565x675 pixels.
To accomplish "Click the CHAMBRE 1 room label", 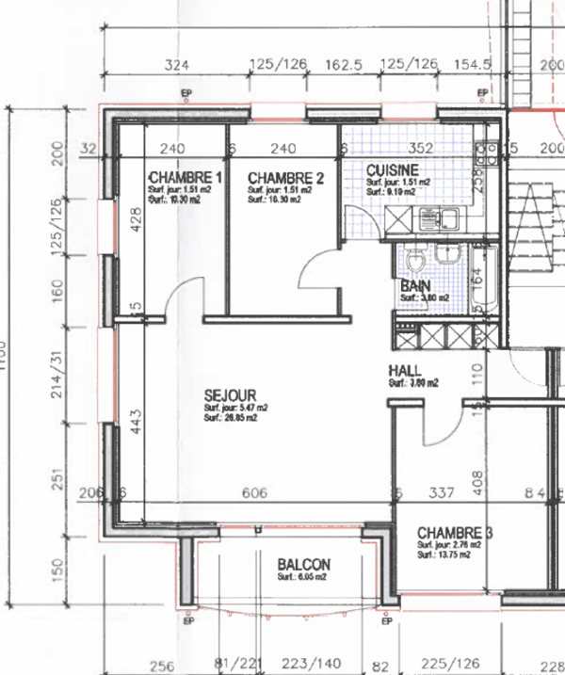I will tap(186, 178).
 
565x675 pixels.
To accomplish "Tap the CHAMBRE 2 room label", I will tap(286, 178).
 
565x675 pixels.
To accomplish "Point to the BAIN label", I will tap(414, 285).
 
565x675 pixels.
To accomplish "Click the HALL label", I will tap(404, 371).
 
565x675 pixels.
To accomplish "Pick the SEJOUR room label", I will tap(230, 395).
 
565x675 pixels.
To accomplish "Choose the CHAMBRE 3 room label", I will tap(455, 532).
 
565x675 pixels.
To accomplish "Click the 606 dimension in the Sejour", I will tap(254, 493).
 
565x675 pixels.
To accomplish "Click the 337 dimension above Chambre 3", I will tap(442, 493).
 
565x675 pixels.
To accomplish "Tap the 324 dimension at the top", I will tap(176, 65).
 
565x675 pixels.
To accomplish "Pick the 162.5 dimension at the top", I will tap(344, 65).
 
